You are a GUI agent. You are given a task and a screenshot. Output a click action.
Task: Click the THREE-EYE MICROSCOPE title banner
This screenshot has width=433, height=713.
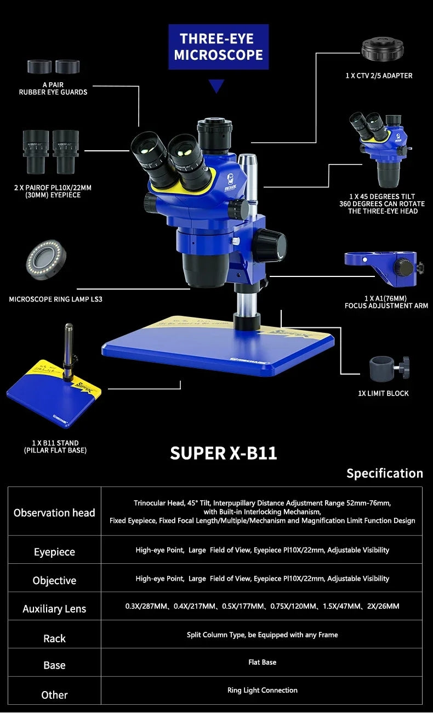(x=218, y=47)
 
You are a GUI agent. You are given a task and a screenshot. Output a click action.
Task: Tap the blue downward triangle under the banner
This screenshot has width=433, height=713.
(x=218, y=86)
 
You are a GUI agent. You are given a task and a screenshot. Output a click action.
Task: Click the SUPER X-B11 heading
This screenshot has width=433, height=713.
(x=223, y=454)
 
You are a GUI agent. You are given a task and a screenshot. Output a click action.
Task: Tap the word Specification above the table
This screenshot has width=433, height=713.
(x=384, y=473)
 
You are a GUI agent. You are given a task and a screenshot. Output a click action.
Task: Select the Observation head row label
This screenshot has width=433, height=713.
(x=54, y=513)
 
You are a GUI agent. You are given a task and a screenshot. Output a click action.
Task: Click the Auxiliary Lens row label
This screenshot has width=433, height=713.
(x=54, y=609)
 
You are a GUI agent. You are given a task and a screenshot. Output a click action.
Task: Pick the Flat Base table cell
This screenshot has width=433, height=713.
(x=262, y=663)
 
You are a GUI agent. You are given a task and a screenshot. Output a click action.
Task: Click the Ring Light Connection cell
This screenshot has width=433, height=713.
(x=262, y=691)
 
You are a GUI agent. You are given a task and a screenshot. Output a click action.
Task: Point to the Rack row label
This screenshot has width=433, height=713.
(x=54, y=638)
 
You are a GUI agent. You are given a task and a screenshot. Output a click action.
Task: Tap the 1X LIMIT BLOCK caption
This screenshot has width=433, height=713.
(x=383, y=393)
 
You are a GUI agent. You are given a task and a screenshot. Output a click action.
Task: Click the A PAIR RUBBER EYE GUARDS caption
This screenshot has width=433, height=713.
(x=53, y=88)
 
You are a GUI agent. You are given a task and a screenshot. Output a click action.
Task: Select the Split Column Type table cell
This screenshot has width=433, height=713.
(x=262, y=635)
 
